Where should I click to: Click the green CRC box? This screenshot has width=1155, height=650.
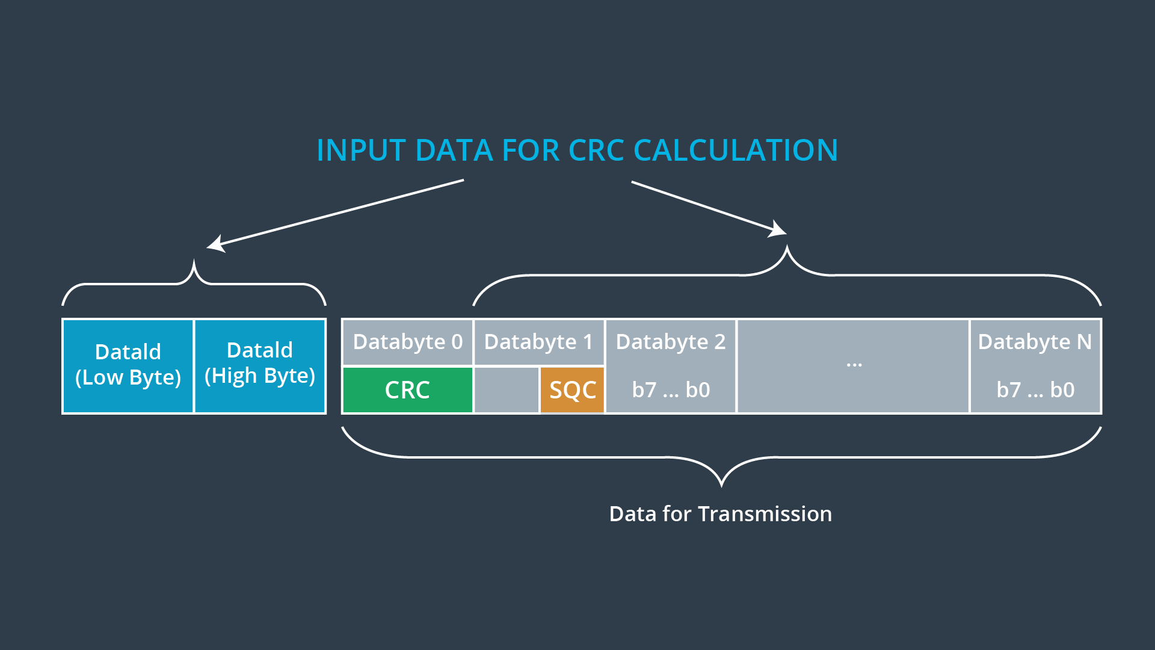[407, 390]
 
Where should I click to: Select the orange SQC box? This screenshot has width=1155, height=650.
[572, 390]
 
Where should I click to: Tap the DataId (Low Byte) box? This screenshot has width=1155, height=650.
[128, 365]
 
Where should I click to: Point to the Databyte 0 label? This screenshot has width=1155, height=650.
[407, 342]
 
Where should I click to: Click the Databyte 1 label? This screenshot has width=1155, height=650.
[538, 342]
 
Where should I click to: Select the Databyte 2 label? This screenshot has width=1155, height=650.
[670, 342]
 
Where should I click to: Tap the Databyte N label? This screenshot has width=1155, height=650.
[1035, 342]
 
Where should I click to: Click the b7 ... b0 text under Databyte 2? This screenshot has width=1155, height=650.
[671, 390]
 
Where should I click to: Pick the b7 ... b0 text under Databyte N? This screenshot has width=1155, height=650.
[1035, 390]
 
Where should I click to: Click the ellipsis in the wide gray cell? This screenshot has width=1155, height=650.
[854, 364]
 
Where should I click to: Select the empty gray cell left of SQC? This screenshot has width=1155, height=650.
[506, 390]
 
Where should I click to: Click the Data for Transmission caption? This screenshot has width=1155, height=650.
[720, 514]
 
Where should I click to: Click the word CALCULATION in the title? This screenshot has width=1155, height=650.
[735, 150]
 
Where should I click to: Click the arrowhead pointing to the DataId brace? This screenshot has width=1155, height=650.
[214, 244]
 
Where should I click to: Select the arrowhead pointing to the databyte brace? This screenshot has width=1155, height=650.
[780, 230]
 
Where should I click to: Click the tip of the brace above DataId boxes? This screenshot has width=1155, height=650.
[194, 262]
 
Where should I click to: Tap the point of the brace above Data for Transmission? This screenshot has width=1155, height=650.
[721, 484]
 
